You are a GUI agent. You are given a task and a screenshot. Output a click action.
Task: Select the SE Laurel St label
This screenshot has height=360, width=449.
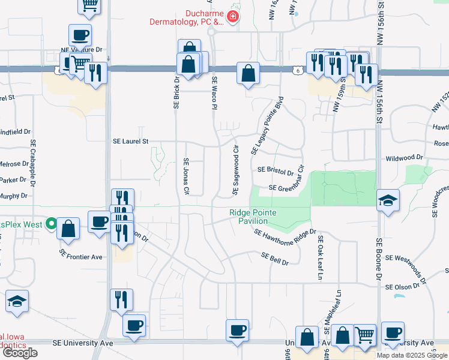pos(130,142)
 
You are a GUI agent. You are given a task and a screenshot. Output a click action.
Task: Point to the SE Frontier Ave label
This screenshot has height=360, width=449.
pos(81,257)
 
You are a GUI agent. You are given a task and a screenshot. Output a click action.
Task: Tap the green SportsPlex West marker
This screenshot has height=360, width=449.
pos(52,225)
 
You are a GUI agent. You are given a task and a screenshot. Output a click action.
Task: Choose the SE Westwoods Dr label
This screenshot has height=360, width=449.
pos(406,268)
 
